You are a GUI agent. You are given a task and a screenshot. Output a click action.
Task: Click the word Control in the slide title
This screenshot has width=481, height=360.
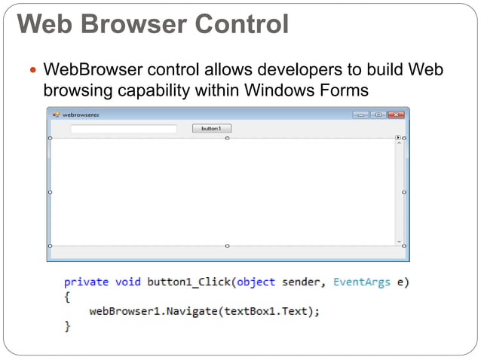click(242, 24)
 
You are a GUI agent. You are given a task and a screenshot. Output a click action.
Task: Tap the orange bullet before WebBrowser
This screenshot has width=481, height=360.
click(31, 72)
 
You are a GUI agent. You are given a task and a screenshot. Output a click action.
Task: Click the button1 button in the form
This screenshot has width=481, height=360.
click(211, 129)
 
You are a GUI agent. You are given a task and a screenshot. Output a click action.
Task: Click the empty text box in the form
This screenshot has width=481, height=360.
click(123, 129)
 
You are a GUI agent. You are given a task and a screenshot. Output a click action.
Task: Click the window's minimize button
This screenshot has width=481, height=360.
click(361, 114)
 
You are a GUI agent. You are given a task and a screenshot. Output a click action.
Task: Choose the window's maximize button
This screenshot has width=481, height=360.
click(378, 114)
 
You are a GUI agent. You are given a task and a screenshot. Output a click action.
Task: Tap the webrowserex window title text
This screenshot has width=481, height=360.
click(81, 115)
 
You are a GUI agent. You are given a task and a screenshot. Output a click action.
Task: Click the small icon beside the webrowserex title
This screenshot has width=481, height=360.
click(55, 115)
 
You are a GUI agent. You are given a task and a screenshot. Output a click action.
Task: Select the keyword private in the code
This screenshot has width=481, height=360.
click(86, 282)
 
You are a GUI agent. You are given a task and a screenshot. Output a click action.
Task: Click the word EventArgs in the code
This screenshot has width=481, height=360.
click(362, 282)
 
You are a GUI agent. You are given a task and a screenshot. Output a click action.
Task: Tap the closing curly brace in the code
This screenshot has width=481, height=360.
click(68, 327)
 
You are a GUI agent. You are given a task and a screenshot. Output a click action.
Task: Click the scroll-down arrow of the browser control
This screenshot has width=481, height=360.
click(399, 241)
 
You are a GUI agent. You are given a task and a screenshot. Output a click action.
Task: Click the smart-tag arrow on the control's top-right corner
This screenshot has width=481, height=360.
click(398, 138)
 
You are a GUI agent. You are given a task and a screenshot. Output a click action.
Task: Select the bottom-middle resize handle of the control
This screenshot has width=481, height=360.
click(227, 246)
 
